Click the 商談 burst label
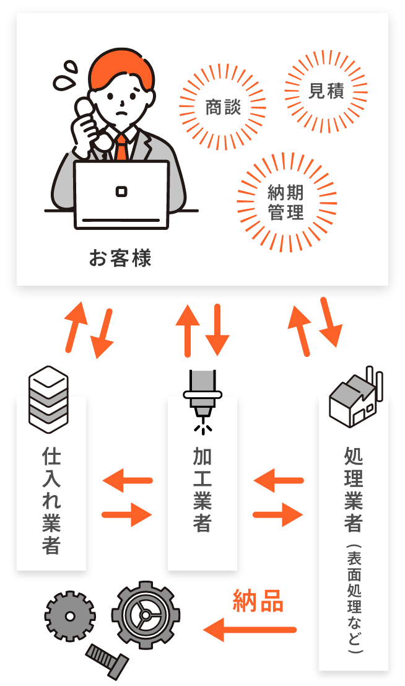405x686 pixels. pyautogui.click(x=222, y=108)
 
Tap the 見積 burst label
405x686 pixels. pyautogui.click(x=326, y=91)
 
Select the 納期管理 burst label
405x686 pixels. pyautogui.click(x=286, y=203)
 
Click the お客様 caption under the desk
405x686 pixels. pyautogui.click(x=120, y=258)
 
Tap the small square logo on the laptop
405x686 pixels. pyautogui.click(x=121, y=191)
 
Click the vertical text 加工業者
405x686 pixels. pyautogui.click(x=202, y=490)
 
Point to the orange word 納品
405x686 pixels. pyautogui.click(x=258, y=600)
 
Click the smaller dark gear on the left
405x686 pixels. pyautogui.click(x=70, y=616)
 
